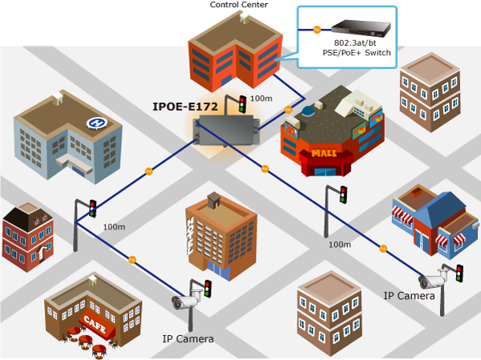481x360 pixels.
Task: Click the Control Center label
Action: click(x=239, y=5)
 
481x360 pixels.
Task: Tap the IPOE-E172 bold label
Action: click(x=185, y=107)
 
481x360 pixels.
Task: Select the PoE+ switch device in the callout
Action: click(x=361, y=29)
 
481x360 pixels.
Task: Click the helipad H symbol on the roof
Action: click(x=97, y=123)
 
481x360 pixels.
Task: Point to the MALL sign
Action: click(x=324, y=152)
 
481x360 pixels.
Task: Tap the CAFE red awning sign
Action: click(x=95, y=324)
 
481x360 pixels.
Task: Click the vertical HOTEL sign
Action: click(x=191, y=236)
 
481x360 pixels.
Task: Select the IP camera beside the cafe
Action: click(x=184, y=301)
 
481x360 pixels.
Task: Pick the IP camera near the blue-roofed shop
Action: click(x=432, y=280)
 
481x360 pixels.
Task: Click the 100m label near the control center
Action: click(x=261, y=99)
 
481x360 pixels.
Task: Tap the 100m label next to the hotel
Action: click(x=114, y=227)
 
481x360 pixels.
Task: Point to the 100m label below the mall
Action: click(x=340, y=245)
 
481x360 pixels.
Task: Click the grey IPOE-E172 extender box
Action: click(x=226, y=130)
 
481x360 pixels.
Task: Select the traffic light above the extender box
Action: click(x=243, y=103)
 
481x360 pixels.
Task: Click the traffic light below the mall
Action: click(x=344, y=195)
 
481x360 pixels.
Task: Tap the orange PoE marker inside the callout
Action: click(x=317, y=30)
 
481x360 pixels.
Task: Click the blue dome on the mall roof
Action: click(x=307, y=111)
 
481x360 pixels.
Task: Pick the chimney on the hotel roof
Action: click(x=214, y=200)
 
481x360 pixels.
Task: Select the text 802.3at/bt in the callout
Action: click(x=355, y=43)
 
